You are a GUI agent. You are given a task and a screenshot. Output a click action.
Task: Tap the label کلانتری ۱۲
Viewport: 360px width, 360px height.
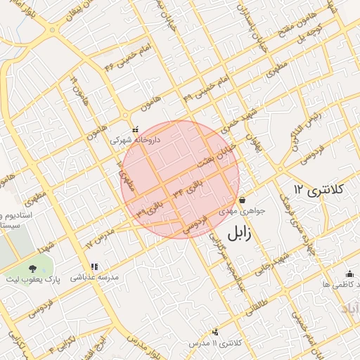(x=317, y=190)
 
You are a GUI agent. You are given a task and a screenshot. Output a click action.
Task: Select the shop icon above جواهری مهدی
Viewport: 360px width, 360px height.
(x=242, y=200)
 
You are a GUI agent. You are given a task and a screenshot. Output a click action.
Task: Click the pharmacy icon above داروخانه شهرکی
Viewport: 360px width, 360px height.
(x=135, y=129)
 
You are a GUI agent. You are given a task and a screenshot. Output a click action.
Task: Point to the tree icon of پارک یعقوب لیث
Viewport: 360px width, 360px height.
(x=32, y=268)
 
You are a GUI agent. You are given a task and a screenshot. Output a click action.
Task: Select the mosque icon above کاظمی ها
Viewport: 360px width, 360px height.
(x=349, y=274)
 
